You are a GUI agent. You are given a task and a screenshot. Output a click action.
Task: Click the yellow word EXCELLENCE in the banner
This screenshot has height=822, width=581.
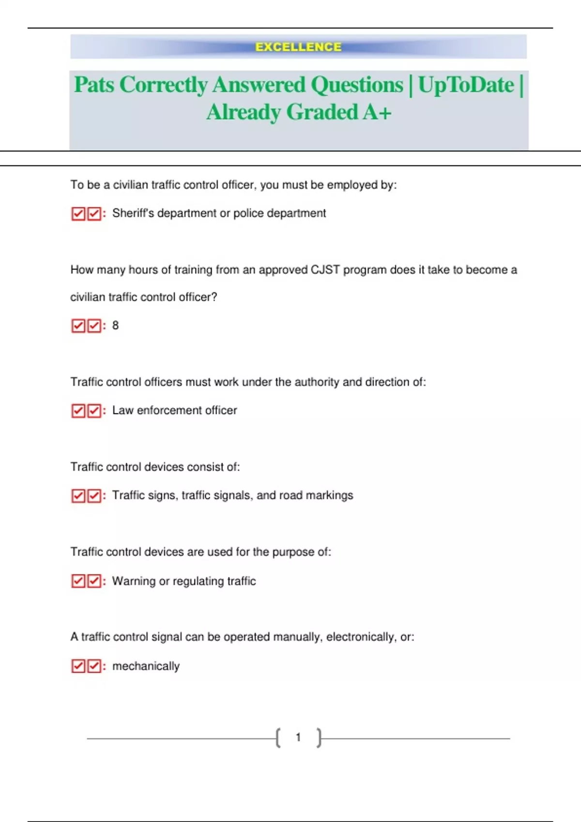click(x=298, y=47)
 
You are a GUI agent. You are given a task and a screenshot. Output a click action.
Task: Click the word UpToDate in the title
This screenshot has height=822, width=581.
click(x=466, y=85)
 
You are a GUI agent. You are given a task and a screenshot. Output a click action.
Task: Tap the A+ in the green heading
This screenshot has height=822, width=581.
click(x=377, y=112)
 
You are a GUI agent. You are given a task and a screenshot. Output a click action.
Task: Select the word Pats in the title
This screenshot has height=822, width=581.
click(x=94, y=85)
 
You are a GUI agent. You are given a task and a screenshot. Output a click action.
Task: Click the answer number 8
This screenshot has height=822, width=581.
click(x=115, y=325)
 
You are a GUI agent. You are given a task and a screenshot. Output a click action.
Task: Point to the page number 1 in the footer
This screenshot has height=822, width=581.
click(x=298, y=737)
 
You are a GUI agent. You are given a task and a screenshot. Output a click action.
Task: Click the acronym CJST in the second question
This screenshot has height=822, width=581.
click(x=325, y=270)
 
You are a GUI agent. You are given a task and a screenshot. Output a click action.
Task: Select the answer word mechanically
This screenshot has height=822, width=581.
click(x=146, y=666)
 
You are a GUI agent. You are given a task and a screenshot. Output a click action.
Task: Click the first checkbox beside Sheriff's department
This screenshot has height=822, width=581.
click(x=78, y=214)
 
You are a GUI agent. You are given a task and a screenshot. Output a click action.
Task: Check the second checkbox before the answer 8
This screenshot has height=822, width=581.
click(x=94, y=326)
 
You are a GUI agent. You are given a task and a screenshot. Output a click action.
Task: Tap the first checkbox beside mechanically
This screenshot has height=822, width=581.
click(x=78, y=666)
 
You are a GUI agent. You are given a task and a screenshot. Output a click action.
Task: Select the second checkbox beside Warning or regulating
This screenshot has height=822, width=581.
click(x=94, y=581)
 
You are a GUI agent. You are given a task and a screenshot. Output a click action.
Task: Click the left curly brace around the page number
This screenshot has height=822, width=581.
click(x=278, y=738)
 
